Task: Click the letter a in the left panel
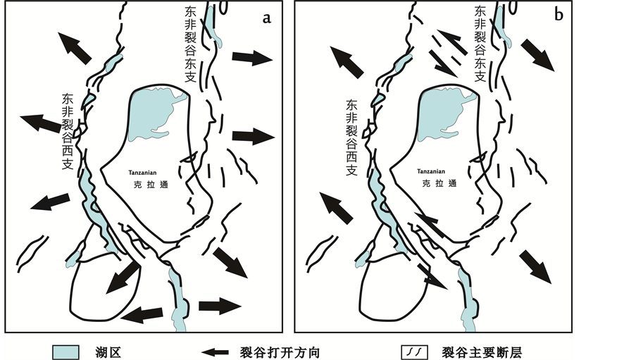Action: (x=267, y=18)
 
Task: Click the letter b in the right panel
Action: (x=559, y=15)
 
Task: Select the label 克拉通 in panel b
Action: (x=434, y=184)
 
